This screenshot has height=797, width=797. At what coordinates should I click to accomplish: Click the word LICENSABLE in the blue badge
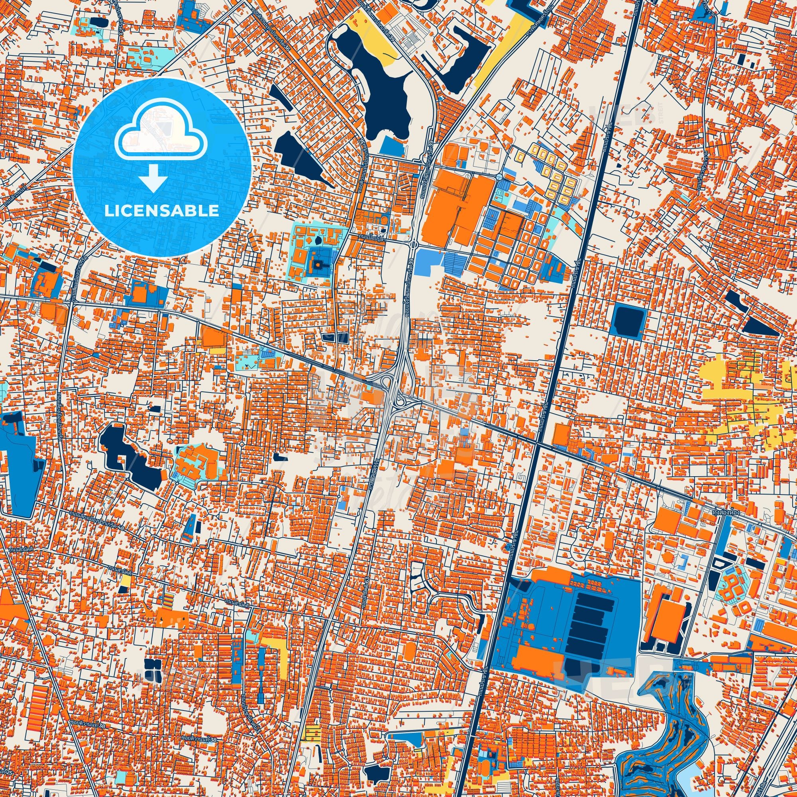point(161,211)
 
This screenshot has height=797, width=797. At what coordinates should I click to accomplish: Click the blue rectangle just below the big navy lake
point(392,145)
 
